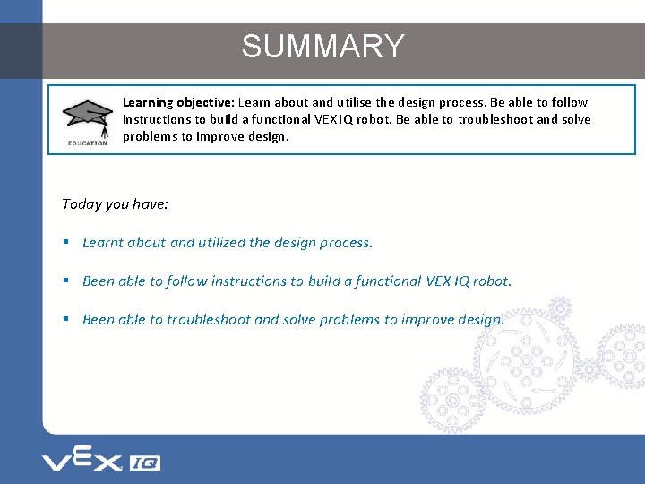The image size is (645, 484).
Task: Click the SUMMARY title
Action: pyautogui.click(x=322, y=47)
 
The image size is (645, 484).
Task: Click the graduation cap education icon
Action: pyautogui.click(x=86, y=117)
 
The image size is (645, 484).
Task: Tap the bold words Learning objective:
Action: pyautogui.click(x=178, y=103)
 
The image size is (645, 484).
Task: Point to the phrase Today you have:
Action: pyautogui.click(x=116, y=204)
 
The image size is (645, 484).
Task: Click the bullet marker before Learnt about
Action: pyautogui.click(x=67, y=243)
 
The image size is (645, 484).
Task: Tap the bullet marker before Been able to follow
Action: pyautogui.click(x=67, y=281)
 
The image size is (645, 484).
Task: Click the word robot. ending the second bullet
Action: pyautogui.click(x=493, y=281)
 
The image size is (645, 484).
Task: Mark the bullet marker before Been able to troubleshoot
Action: pyautogui.click(x=67, y=320)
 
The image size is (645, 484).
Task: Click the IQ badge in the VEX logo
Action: pyautogui.click(x=145, y=462)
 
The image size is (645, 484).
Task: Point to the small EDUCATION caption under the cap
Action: pyautogui.click(x=87, y=143)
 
